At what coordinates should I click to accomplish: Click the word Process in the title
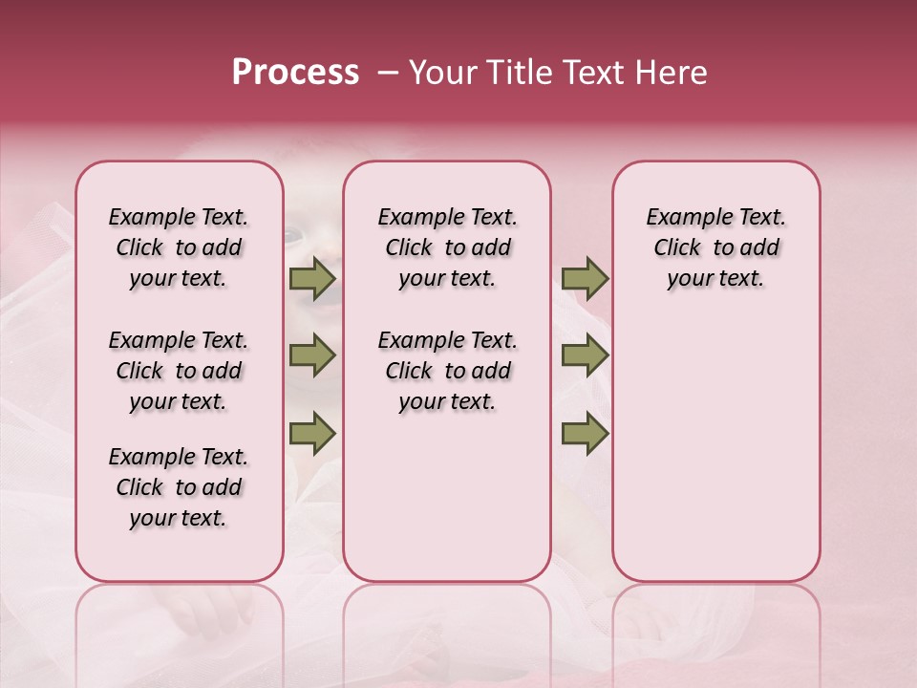(295, 73)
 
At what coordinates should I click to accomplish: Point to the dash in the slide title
(388, 74)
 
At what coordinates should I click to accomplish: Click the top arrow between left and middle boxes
(312, 279)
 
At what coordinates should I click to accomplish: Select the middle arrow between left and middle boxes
(312, 355)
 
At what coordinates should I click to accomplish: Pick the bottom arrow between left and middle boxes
(312, 433)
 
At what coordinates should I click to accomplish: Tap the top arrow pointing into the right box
(585, 279)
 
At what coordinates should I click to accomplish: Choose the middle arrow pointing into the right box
(585, 355)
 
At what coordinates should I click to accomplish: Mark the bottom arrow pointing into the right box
(585, 433)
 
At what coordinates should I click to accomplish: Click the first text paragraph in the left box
(179, 247)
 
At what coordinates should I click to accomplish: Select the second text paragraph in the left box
(179, 371)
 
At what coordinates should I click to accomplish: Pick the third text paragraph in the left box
(179, 487)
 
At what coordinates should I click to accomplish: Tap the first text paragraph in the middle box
(447, 247)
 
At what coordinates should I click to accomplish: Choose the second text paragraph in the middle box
(447, 371)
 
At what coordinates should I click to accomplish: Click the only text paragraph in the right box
(715, 247)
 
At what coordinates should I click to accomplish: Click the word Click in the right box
(677, 248)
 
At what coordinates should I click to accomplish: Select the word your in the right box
(689, 279)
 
